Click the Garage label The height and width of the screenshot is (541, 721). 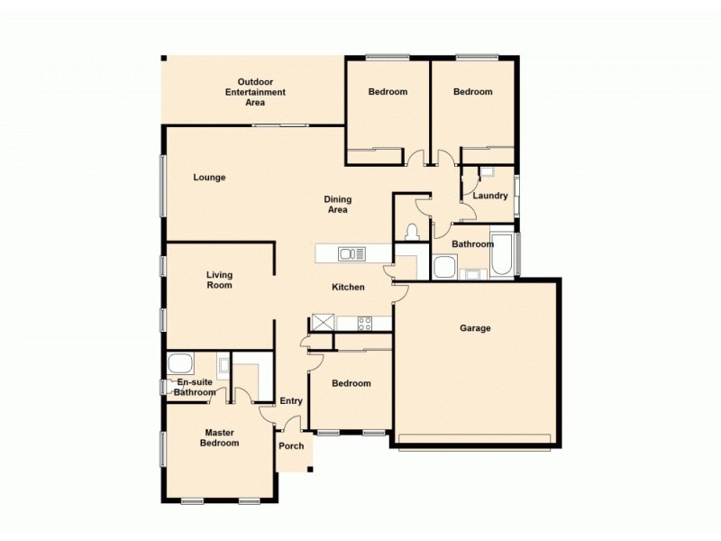[475, 328]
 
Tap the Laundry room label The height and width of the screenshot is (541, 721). [490, 196]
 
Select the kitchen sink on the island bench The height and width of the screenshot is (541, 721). [351, 254]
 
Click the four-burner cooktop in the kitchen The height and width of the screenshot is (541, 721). [365, 323]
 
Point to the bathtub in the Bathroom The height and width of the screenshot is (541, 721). [503, 256]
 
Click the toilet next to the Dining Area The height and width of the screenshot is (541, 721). [412, 232]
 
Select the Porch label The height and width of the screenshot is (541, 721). [291, 446]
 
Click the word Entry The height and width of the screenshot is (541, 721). [291, 401]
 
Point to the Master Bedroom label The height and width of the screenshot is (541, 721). [220, 437]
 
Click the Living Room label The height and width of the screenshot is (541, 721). [219, 280]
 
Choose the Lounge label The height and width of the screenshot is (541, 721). [209, 178]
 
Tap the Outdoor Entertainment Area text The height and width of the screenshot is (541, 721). [255, 91]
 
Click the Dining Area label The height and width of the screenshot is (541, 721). [338, 205]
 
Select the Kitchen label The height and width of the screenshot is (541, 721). [349, 287]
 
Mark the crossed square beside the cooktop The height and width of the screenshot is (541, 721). [323, 323]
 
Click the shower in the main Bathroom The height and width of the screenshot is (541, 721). [444, 268]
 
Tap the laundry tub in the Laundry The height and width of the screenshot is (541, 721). [487, 171]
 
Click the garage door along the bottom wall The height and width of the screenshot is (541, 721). [474, 440]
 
